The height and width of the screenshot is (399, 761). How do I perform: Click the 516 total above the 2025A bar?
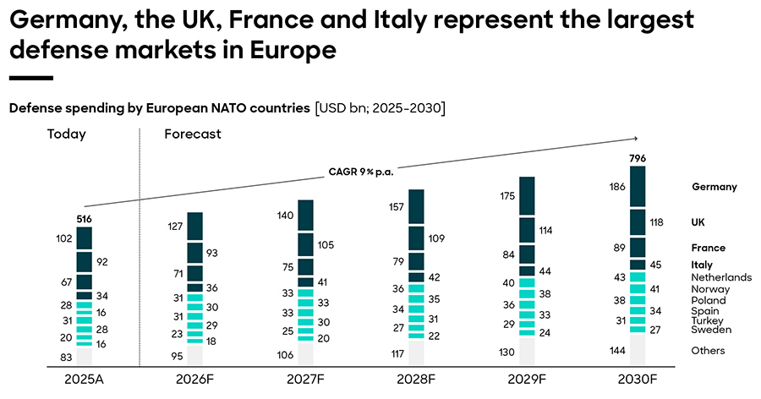coord(84,219)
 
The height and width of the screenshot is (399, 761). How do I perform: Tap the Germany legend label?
coord(714,187)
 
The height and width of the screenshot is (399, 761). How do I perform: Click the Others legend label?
coord(708,351)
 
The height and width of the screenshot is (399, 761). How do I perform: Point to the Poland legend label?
coord(709,300)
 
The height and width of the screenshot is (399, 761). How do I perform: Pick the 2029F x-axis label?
coord(525,380)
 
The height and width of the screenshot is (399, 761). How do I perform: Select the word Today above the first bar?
coord(67,134)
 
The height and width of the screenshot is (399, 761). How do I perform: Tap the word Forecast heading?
coord(193,134)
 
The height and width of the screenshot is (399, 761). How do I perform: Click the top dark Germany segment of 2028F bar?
coord(416,206)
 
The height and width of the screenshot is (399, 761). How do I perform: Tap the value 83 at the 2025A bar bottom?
coord(66,358)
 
